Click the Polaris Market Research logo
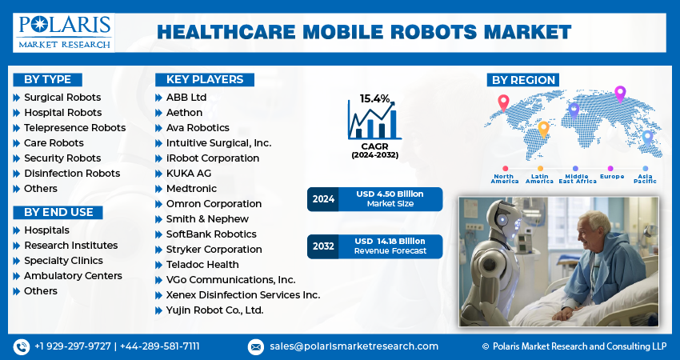tap(62, 31)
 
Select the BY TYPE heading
tap(47, 79)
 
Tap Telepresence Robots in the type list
tap(74, 128)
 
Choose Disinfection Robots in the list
tap(72, 174)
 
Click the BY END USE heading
tap(58, 212)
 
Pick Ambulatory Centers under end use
tap(73, 276)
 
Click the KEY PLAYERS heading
tap(204, 79)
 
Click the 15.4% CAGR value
tap(374, 98)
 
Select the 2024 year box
tap(322, 199)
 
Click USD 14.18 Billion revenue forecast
tap(390, 241)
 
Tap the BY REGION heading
tap(523, 79)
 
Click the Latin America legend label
tap(539, 178)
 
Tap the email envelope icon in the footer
tap(256, 346)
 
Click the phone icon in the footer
tap(22, 346)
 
